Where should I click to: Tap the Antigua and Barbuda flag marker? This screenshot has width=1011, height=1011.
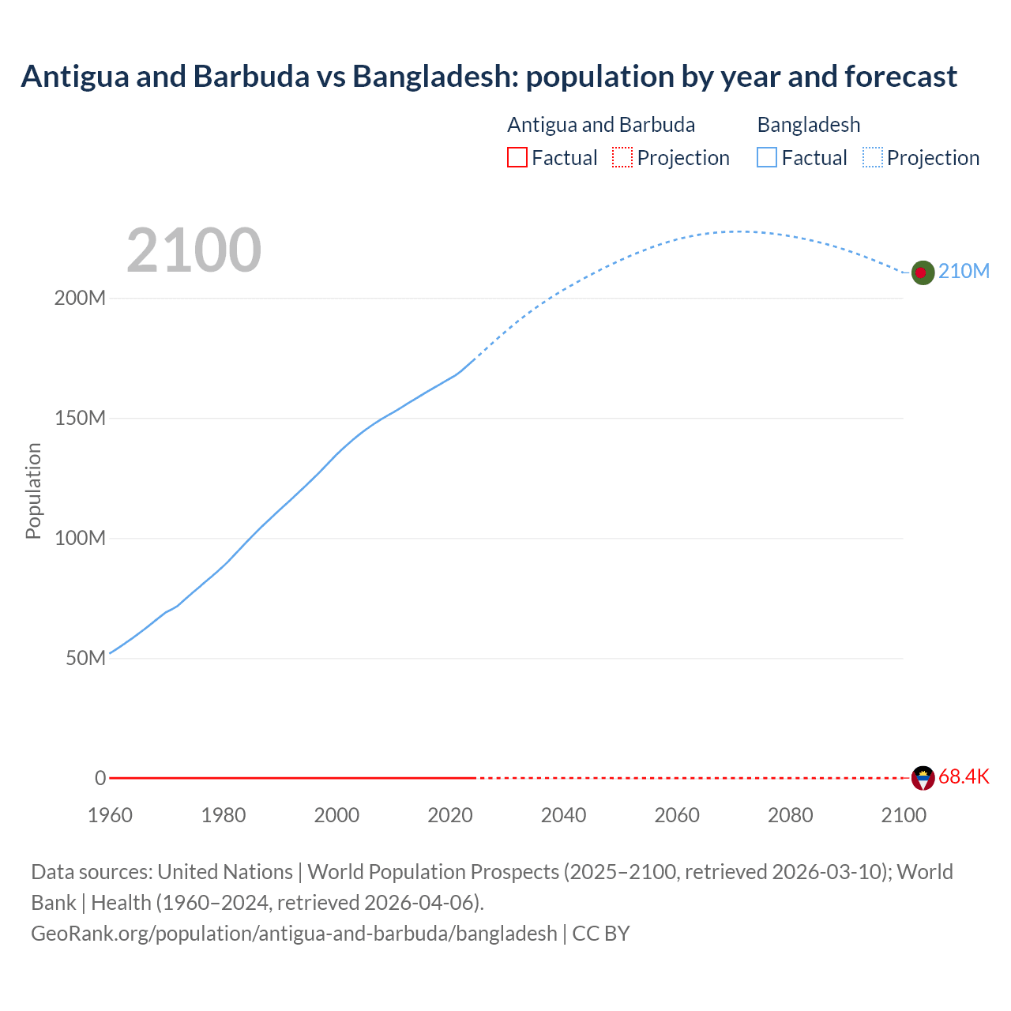pos(923,778)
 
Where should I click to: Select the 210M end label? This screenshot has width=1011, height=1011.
pos(964,271)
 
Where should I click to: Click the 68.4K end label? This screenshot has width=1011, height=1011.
pos(964,776)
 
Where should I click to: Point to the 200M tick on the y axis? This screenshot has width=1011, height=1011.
pos(80,299)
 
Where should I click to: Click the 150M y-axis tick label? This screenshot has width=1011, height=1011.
pos(80,418)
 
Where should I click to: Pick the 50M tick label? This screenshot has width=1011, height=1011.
pos(85,658)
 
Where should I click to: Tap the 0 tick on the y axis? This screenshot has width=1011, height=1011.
pos(100,778)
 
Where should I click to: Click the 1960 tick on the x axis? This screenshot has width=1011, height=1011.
pos(110,815)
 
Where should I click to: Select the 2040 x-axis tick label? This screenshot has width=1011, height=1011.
pos(563,815)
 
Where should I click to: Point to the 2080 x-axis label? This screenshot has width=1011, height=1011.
pos(790,815)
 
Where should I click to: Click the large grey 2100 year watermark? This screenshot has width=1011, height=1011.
pos(194,250)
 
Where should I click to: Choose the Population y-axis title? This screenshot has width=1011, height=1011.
pos(33,490)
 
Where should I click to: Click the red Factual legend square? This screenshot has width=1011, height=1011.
pos(517,157)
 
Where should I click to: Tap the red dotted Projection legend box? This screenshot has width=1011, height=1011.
pos(622,157)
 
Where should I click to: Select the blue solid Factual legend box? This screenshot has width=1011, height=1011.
pos(767,157)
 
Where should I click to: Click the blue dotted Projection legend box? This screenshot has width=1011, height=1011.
pos(873,157)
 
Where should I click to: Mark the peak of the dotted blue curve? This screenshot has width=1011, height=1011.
pos(737,231)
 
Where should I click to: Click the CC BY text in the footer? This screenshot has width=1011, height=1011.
pos(600,933)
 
